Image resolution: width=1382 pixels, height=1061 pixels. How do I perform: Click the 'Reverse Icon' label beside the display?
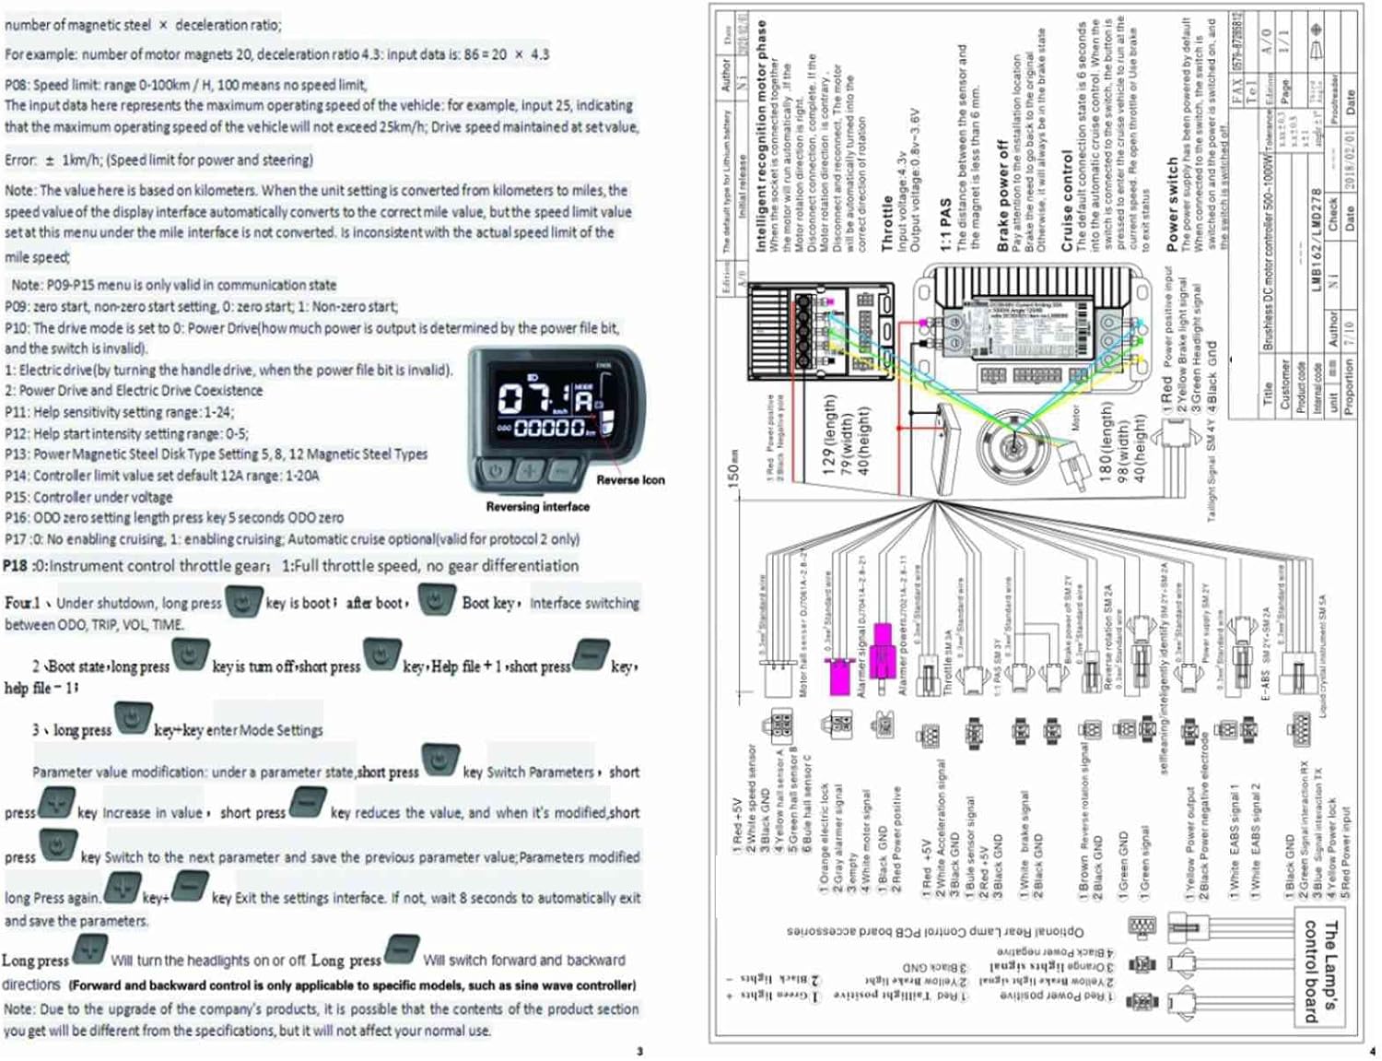click(630, 480)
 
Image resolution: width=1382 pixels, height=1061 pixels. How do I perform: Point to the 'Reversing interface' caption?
click(538, 507)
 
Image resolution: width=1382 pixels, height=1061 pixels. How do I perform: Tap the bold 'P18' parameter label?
click(16, 566)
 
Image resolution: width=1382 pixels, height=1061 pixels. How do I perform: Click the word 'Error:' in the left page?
click(21, 160)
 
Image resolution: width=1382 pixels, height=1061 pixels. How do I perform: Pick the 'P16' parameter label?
click(17, 518)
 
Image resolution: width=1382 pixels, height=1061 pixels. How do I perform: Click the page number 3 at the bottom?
click(639, 1051)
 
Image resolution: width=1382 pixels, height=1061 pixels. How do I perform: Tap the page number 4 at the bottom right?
click(1372, 1051)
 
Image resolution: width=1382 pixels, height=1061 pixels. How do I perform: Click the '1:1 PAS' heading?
click(945, 225)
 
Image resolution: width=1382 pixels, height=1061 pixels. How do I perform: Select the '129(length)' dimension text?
click(830, 434)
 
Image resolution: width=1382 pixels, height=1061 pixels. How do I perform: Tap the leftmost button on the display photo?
click(497, 470)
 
